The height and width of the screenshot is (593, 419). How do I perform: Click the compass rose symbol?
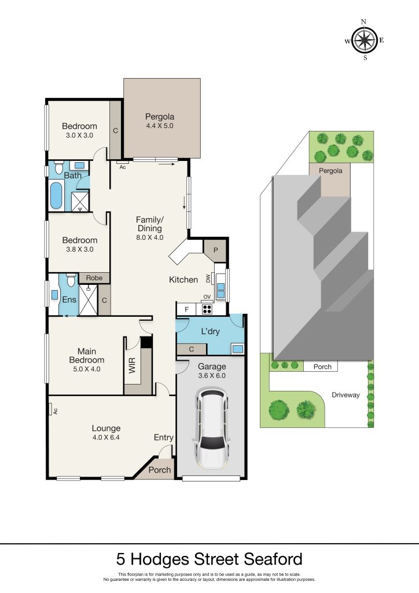pyautogui.click(x=364, y=40)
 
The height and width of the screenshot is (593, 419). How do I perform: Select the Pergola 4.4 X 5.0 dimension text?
pyautogui.click(x=160, y=126)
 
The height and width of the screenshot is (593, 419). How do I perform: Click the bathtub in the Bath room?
pyautogui.click(x=56, y=196)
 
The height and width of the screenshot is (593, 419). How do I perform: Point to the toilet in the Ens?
pyautogui.click(x=71, y=280)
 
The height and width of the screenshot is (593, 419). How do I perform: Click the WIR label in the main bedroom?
pyautogui.click(x=132, y=365)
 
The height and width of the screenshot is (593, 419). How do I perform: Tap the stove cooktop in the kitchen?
pyautogui.click(x=207, y=309)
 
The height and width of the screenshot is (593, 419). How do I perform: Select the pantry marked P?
pyautogui.click(x=216, y=250)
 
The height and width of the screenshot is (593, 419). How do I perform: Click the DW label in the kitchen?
pyautogui.click(x=208, y=279)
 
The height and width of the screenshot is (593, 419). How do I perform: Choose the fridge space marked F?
pyautogui.click(x=187, y=310)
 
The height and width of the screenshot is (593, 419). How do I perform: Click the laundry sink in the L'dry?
pyautogui.click(x=238, y=348)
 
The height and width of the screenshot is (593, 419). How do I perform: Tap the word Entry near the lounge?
pyautogui.click(x=164, y=438)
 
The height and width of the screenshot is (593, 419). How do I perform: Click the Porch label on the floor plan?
pyautogui.click(x=159, y=470)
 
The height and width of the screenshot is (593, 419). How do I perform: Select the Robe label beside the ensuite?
pyautogui.click(x=94, y=278)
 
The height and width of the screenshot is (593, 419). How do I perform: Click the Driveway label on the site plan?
pyautogui.click(x=346, y=395)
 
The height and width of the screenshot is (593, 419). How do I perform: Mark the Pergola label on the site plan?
pyautogui.click(x=330, y=171)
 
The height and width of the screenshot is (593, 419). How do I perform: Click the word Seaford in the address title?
pyautogui.click(x=273, y=559)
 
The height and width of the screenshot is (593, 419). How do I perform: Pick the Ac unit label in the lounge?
pyautogui.click(x=55, y=411)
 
